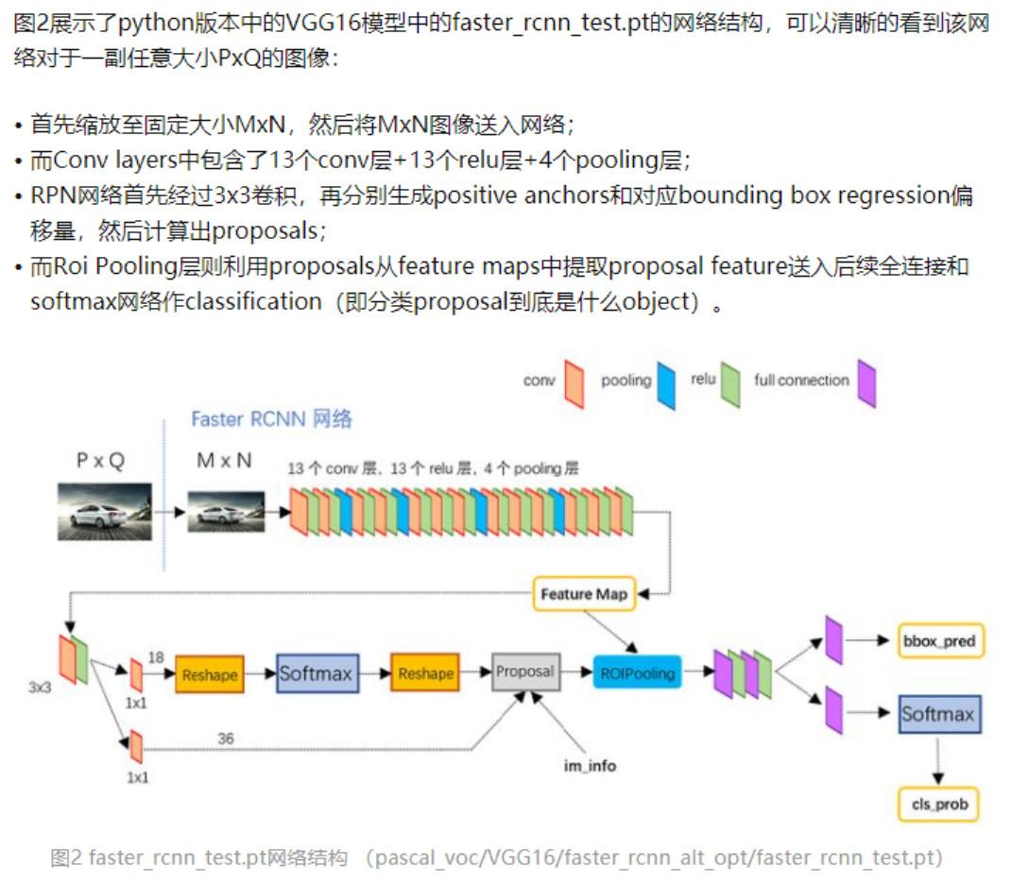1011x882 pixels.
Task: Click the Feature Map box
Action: pos(580,594)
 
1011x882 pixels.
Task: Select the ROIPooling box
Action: pos(637,672)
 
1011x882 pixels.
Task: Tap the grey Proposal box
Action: pos(525,671)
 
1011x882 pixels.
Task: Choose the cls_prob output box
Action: pos(937,804)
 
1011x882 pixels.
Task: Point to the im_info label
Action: pos(590,766)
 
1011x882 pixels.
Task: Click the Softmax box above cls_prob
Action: pos(938,715)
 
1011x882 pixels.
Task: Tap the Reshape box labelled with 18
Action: pos(210,674)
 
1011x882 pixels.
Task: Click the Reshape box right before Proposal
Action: pos(425,673)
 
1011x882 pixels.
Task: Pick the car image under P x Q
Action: pos(105,511)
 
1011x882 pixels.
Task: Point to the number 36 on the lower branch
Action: pos(226,738)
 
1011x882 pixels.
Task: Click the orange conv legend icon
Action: pos(573,382)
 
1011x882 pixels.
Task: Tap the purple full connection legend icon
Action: pos(866,383)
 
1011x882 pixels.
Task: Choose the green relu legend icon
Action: pos(729,383)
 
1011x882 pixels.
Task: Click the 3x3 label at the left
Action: pos(40,687)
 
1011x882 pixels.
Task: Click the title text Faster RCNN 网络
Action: pos(271,419)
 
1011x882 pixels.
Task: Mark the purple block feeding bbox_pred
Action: pos(833,640)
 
